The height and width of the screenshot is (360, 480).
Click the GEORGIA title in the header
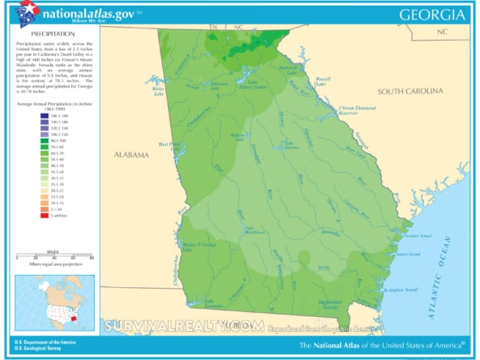click(x=433, y=15)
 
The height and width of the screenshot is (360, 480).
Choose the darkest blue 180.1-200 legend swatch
click(x=42, y=118)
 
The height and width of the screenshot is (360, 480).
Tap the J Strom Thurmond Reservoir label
click(x=359, y=110)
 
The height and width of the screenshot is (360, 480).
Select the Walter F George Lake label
click(x=197, y=245)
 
